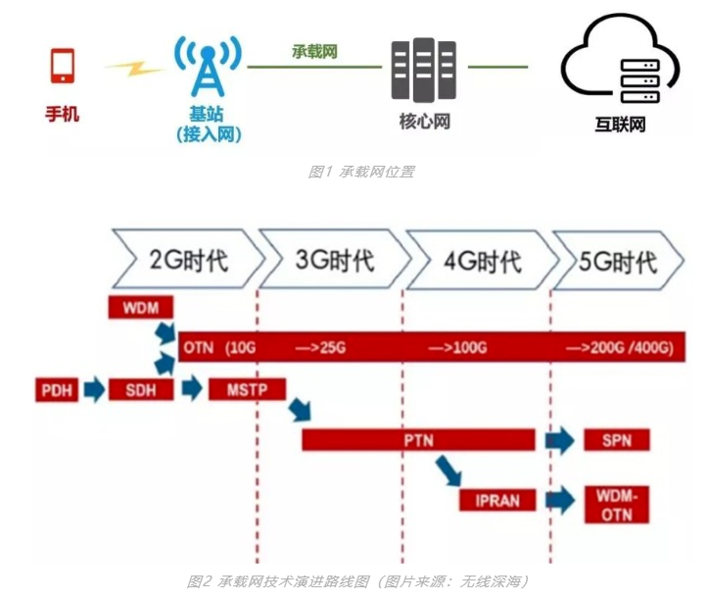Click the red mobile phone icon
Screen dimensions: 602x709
pos(62,66)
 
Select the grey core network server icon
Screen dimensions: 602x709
pos(424,69)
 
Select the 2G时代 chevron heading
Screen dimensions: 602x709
pos(187,261)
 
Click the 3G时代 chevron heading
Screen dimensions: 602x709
pos(333,261)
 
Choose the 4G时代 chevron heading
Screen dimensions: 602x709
pos(480,261)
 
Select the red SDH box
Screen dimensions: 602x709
pos(140,389)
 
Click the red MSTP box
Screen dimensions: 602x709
pos(247,389)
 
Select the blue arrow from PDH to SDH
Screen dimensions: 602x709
pos(95,389)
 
